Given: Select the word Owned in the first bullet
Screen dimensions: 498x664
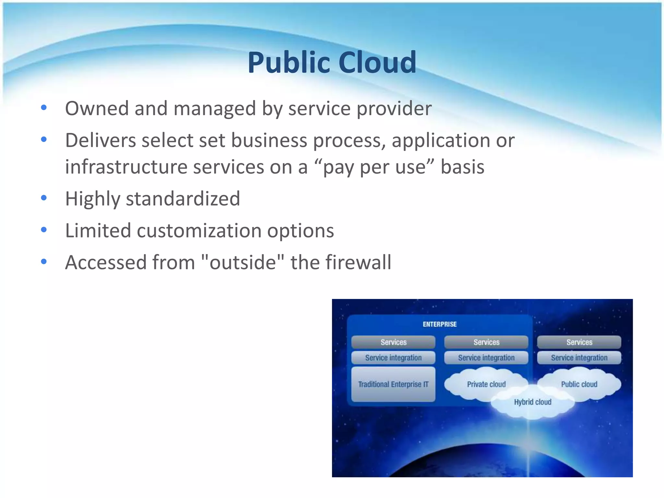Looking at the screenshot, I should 97,108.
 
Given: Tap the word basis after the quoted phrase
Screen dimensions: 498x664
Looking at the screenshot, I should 462,167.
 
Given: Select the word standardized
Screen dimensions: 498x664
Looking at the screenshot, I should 183,198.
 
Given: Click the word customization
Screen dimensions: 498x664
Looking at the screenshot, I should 199,231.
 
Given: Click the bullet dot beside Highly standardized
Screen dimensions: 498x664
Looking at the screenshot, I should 44,198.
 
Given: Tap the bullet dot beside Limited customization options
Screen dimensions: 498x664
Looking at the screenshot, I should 44,230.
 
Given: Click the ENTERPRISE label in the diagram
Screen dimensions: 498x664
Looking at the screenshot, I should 440,324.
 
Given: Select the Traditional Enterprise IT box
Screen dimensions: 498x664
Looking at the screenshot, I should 393,384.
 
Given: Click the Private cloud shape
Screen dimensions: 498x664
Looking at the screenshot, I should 486,384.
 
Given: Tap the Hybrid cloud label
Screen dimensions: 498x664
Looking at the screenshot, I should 533,402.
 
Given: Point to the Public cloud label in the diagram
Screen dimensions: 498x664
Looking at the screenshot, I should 579,384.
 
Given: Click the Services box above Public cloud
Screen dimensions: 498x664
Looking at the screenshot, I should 579,342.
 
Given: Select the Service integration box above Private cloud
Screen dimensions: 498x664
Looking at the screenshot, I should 486,358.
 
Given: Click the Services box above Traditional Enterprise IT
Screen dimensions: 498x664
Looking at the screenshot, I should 393,342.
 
